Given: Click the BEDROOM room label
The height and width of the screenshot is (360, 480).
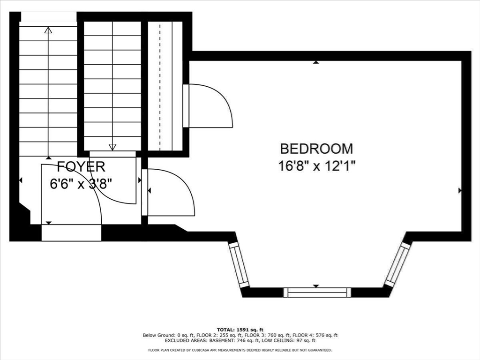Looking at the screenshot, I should coord(316,149).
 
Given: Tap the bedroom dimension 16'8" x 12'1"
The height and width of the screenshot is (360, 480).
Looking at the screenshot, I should coord(316,166).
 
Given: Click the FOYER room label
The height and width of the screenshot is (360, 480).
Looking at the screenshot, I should coord(81,166).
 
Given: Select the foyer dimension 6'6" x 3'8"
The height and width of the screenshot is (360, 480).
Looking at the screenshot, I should coord(82,183).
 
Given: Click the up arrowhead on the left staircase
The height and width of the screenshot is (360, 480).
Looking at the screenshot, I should coord(48,30).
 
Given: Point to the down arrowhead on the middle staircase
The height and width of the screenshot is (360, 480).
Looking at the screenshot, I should coord(112,147).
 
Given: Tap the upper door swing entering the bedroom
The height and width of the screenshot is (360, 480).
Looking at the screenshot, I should coord(211,105).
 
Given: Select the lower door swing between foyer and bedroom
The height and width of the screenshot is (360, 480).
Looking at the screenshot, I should coord(171,192).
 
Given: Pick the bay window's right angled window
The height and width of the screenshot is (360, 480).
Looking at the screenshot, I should coord(397,265).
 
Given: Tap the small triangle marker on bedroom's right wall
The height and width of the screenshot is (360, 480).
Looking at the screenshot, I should coord(460,190).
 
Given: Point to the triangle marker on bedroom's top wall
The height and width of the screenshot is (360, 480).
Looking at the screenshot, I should coord(316,62).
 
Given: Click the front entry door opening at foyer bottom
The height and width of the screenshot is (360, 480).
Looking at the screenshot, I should coord(71,232).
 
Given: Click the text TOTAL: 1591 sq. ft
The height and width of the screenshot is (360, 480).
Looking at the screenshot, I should coord(240,330).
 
